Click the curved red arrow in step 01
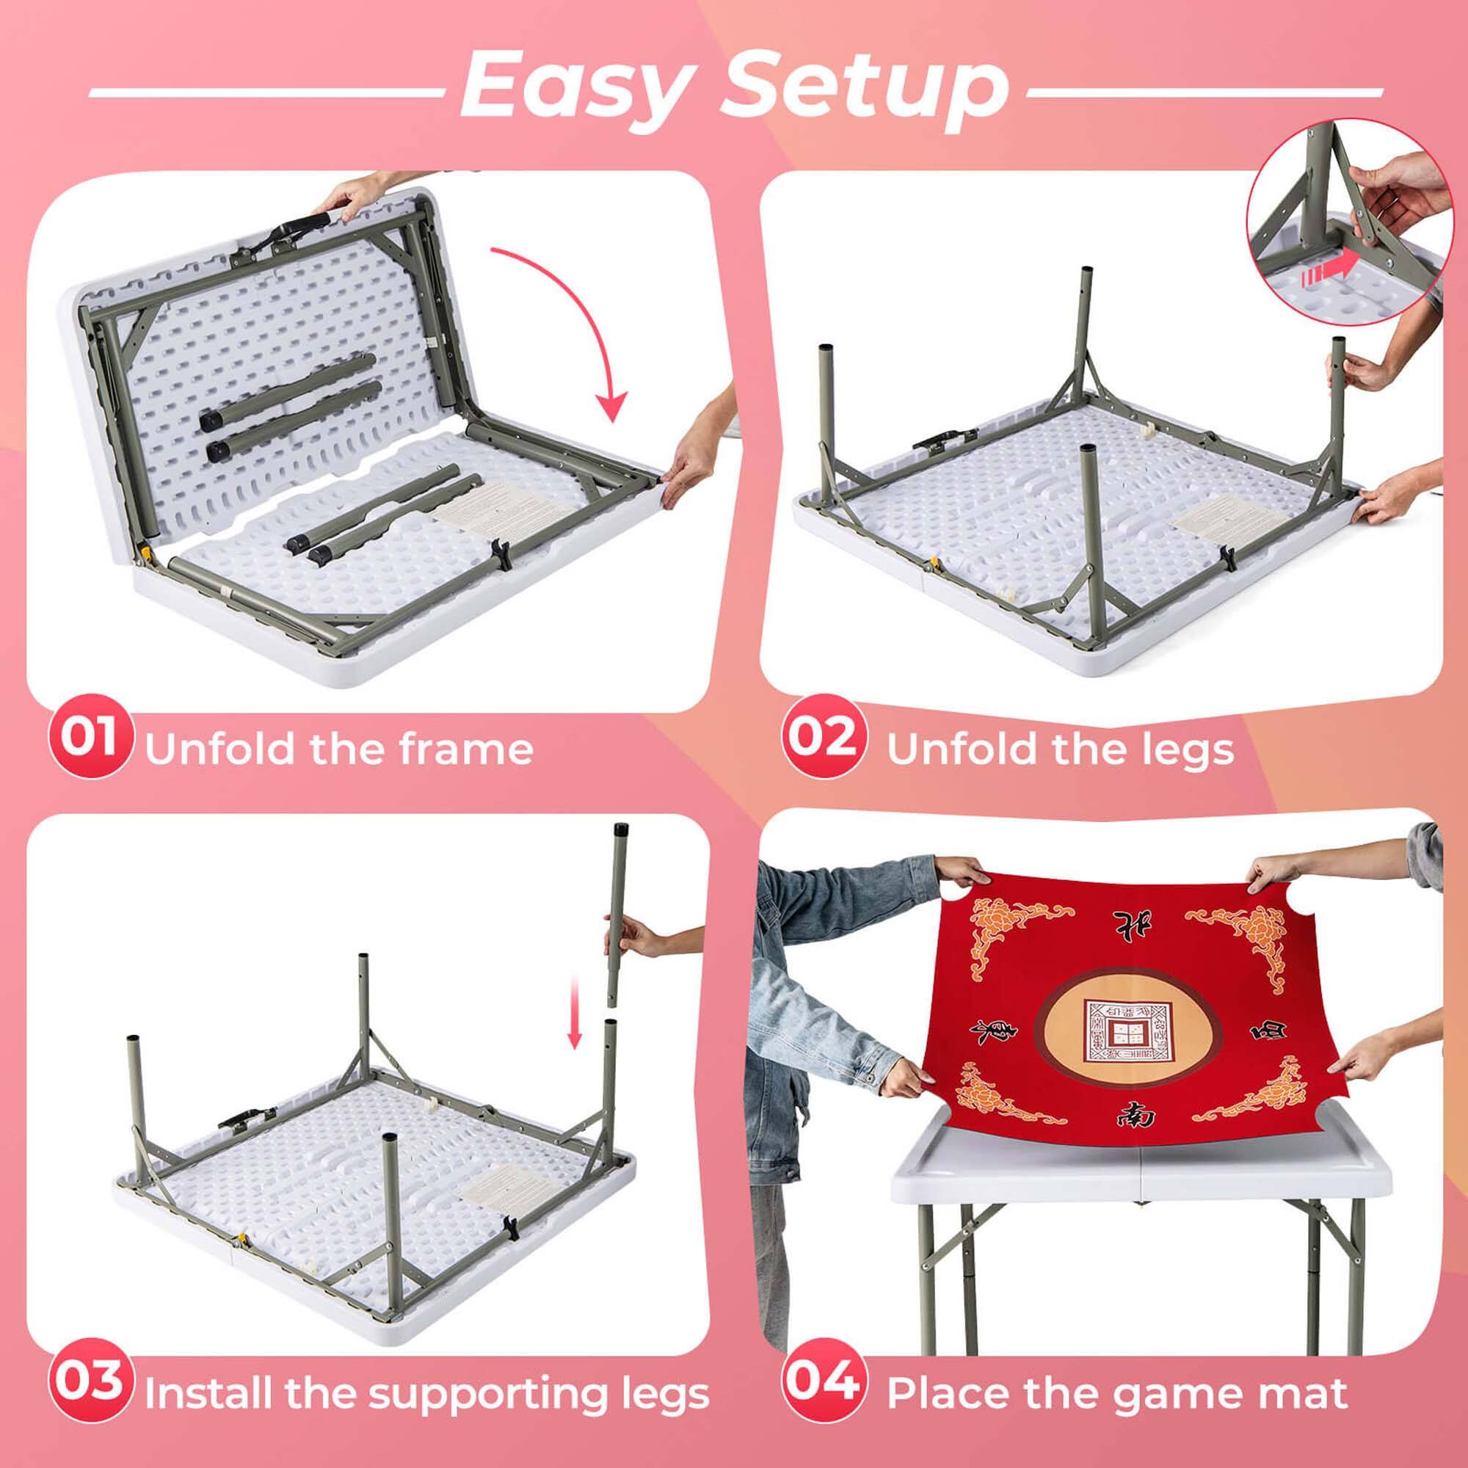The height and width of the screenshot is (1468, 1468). point(578,319)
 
